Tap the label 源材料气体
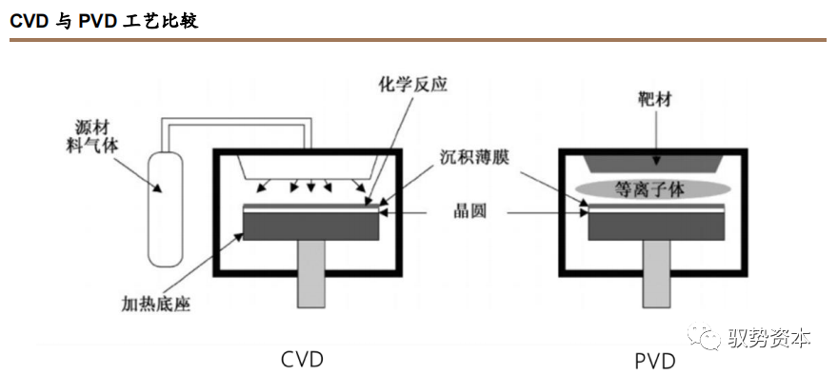95,138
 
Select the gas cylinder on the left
165,208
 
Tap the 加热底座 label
156,304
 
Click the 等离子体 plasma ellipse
653,189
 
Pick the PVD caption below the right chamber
655,361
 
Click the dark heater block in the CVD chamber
311,227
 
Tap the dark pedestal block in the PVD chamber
656,227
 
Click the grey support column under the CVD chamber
311,274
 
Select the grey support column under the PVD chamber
656,274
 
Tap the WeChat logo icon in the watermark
706,336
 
